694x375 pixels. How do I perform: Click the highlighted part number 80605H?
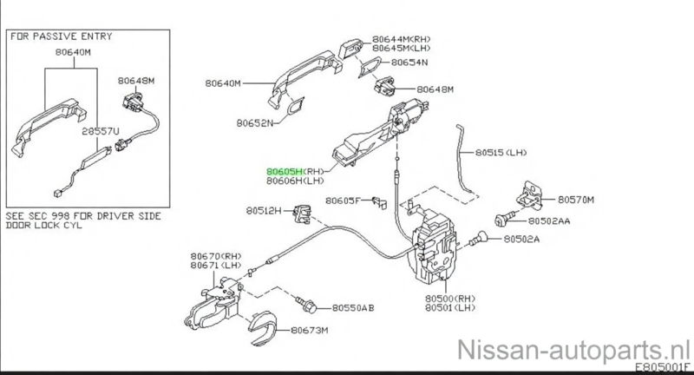pyautogui.click(x=284, y=172)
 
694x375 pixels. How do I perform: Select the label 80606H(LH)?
pyautogui.click(x=296, y=181)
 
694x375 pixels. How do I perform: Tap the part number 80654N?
pyautogui.click(x=410, y=63)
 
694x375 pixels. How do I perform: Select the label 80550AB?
pyautogui.click(x=353, y=307)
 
